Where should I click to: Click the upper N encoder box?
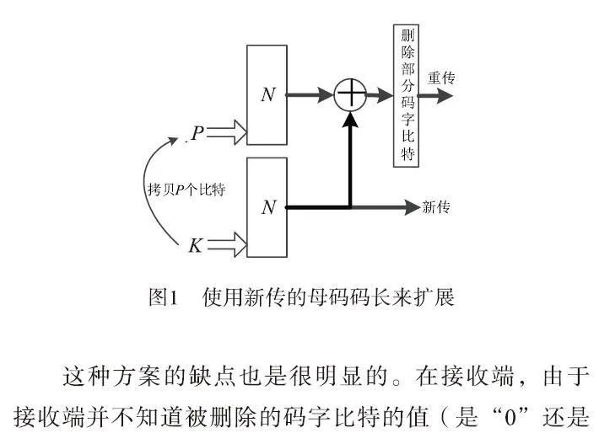pyautogui.click(x=267, y=95)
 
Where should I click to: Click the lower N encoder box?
pyautogui.click(x=267, y=206)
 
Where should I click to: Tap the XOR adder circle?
pyautogui.click(x=349, y=94)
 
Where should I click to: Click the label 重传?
pyautogui.click(x=441, y=78)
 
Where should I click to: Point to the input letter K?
pyautogui.click(x=195, y=246)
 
